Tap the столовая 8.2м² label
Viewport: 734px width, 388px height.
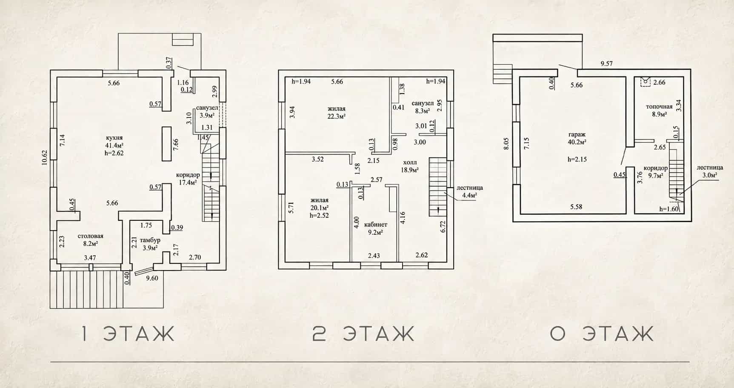click(90, 240)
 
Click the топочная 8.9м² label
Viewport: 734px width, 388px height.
click(659, 110)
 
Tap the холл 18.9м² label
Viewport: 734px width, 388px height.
click(410, 166)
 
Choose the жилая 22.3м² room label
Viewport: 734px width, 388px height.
click(336, 112)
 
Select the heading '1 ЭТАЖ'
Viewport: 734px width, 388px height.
click(128, 334)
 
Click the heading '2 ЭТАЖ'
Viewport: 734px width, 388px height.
click(363, 334)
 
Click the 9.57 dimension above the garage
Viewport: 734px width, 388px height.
click(606, 64)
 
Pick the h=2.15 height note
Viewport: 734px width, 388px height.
click(577, 160)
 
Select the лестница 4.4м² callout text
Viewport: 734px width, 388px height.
click(469, 191)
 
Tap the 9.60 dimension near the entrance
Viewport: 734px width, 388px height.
click(152, 278)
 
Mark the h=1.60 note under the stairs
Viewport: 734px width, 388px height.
click(669, 209)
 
